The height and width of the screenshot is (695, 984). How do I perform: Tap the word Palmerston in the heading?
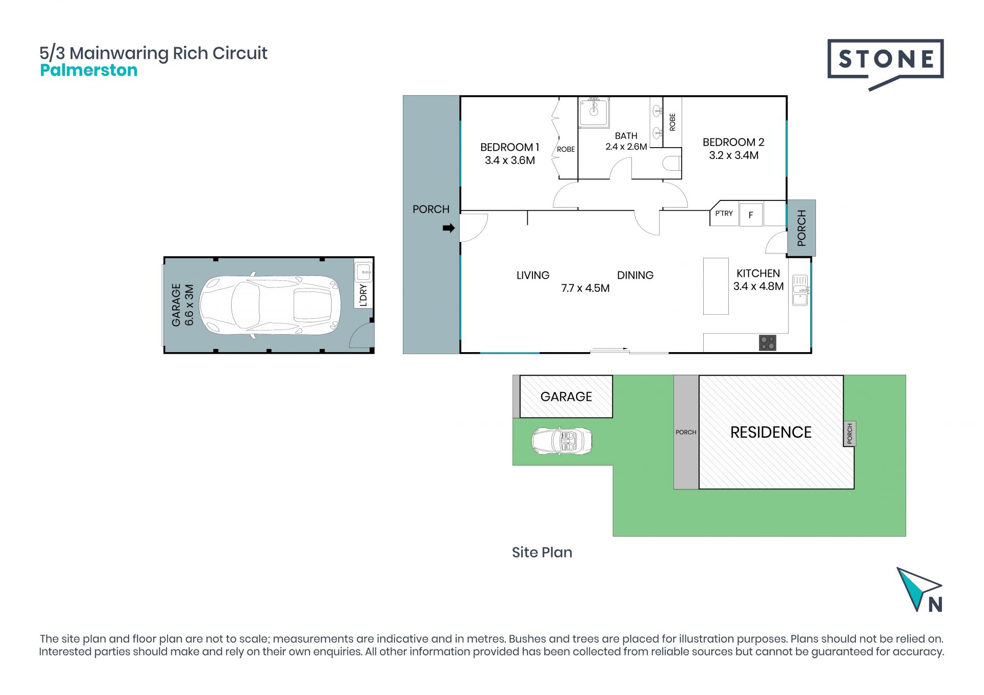point(89,70)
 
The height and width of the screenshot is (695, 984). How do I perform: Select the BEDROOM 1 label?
point(509,147)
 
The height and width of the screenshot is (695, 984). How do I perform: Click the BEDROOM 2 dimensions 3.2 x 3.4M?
point(733,155)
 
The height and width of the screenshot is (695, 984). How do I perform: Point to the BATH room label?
point(626,136)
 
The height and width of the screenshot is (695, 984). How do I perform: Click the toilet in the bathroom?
point(672,163)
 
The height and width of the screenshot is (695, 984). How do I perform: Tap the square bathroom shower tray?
point(593,112)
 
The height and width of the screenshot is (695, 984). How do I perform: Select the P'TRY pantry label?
point(724,213)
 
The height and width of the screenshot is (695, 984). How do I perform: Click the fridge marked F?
point(751,215)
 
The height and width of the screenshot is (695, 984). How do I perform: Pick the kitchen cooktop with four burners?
point(767,342)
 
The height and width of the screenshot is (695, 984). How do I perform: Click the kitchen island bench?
point(715,286)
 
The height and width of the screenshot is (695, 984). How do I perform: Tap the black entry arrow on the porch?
point(448,228)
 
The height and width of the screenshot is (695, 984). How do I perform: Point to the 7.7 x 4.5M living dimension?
point(585,288)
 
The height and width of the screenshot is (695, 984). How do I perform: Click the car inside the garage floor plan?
point(270,305)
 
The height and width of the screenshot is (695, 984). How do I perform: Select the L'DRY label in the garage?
point(363,295)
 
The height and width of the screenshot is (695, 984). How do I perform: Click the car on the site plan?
point(562,441)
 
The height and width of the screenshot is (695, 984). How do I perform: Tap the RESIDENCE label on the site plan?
point(771,432)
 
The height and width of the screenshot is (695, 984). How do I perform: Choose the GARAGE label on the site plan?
point(566,397)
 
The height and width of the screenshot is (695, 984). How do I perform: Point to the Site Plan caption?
point(542,552)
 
